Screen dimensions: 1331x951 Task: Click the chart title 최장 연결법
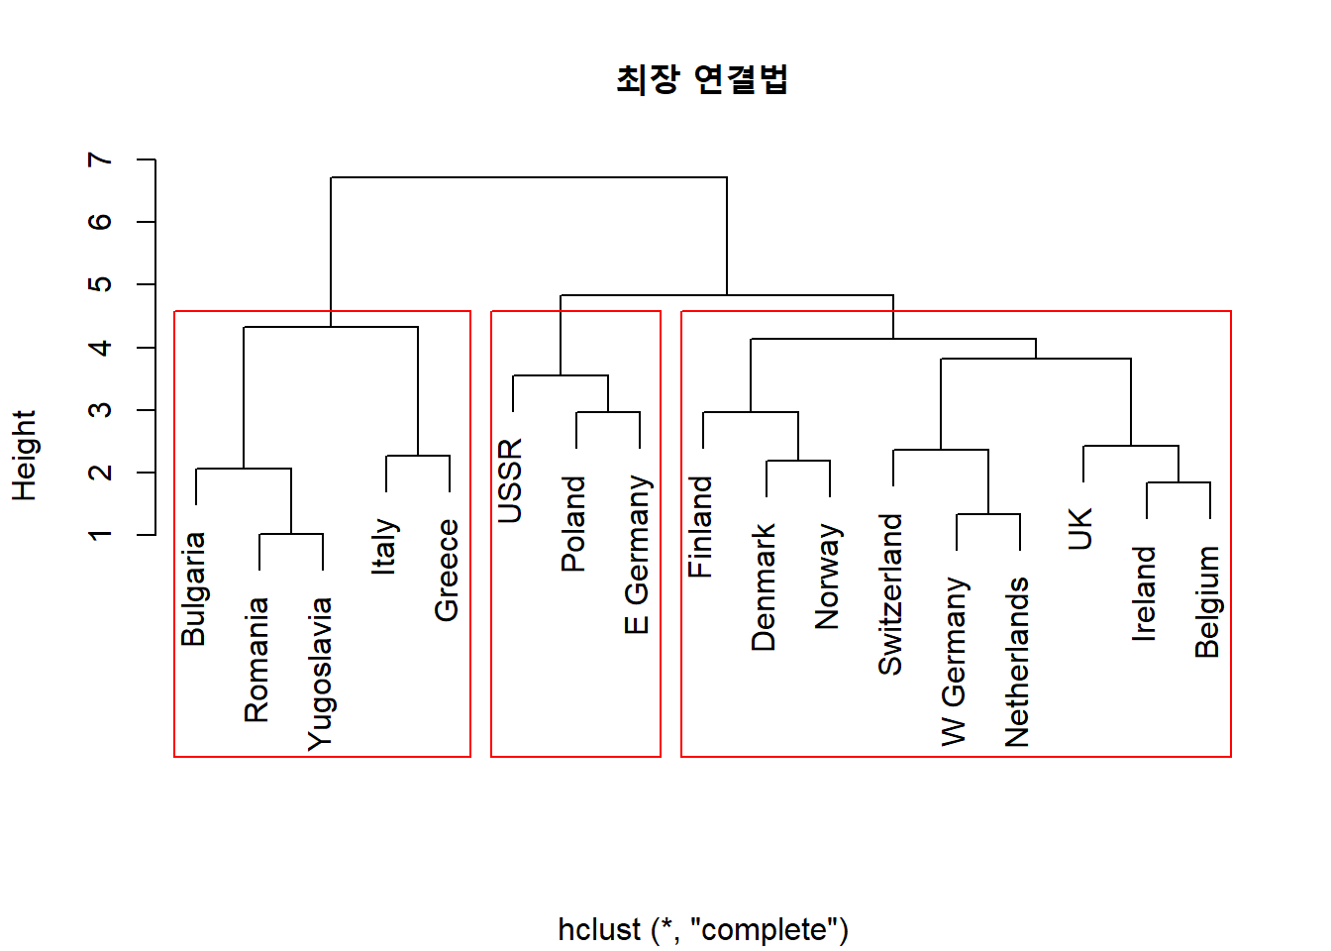click(702, 79)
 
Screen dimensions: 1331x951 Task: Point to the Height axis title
click(25, 456)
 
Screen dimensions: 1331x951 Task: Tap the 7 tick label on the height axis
click(100, 159)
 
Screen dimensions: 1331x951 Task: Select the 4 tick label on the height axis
click(100, 348)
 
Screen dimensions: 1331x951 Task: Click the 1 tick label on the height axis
click(100, 535)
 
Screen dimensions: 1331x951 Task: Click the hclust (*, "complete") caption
click(703, 929)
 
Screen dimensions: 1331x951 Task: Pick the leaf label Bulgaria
click(193, 589)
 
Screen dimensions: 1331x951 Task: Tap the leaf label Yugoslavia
click(320, 674)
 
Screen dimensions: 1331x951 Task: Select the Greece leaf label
click(447, 571)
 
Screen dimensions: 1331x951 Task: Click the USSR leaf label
click(510, 480)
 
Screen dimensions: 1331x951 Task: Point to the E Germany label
click(637, 554)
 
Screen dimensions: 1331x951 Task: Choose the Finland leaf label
click(700, 527)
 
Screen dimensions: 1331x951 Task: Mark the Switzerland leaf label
click(890, 594)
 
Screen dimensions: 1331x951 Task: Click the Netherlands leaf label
click(1017, 662)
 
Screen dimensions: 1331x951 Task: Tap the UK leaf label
click(1080, 528)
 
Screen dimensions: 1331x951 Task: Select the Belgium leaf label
click(1207, 601)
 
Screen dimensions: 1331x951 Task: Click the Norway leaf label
click(827, 576)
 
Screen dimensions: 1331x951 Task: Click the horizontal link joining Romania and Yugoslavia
click(291, 534)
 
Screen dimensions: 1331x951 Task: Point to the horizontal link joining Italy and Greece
click(418, 456)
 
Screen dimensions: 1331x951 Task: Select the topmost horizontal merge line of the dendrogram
click(529, 177)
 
